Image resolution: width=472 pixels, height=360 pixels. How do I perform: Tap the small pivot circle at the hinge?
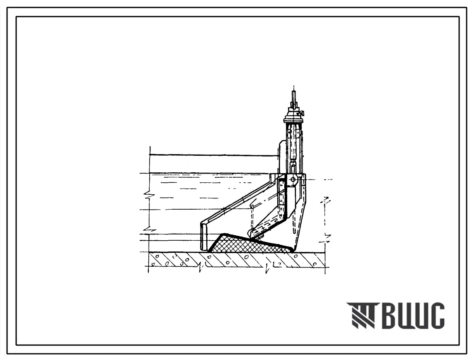293,179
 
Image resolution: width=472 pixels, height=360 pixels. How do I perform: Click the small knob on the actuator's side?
303,113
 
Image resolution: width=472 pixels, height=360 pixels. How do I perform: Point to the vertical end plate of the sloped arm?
204,237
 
